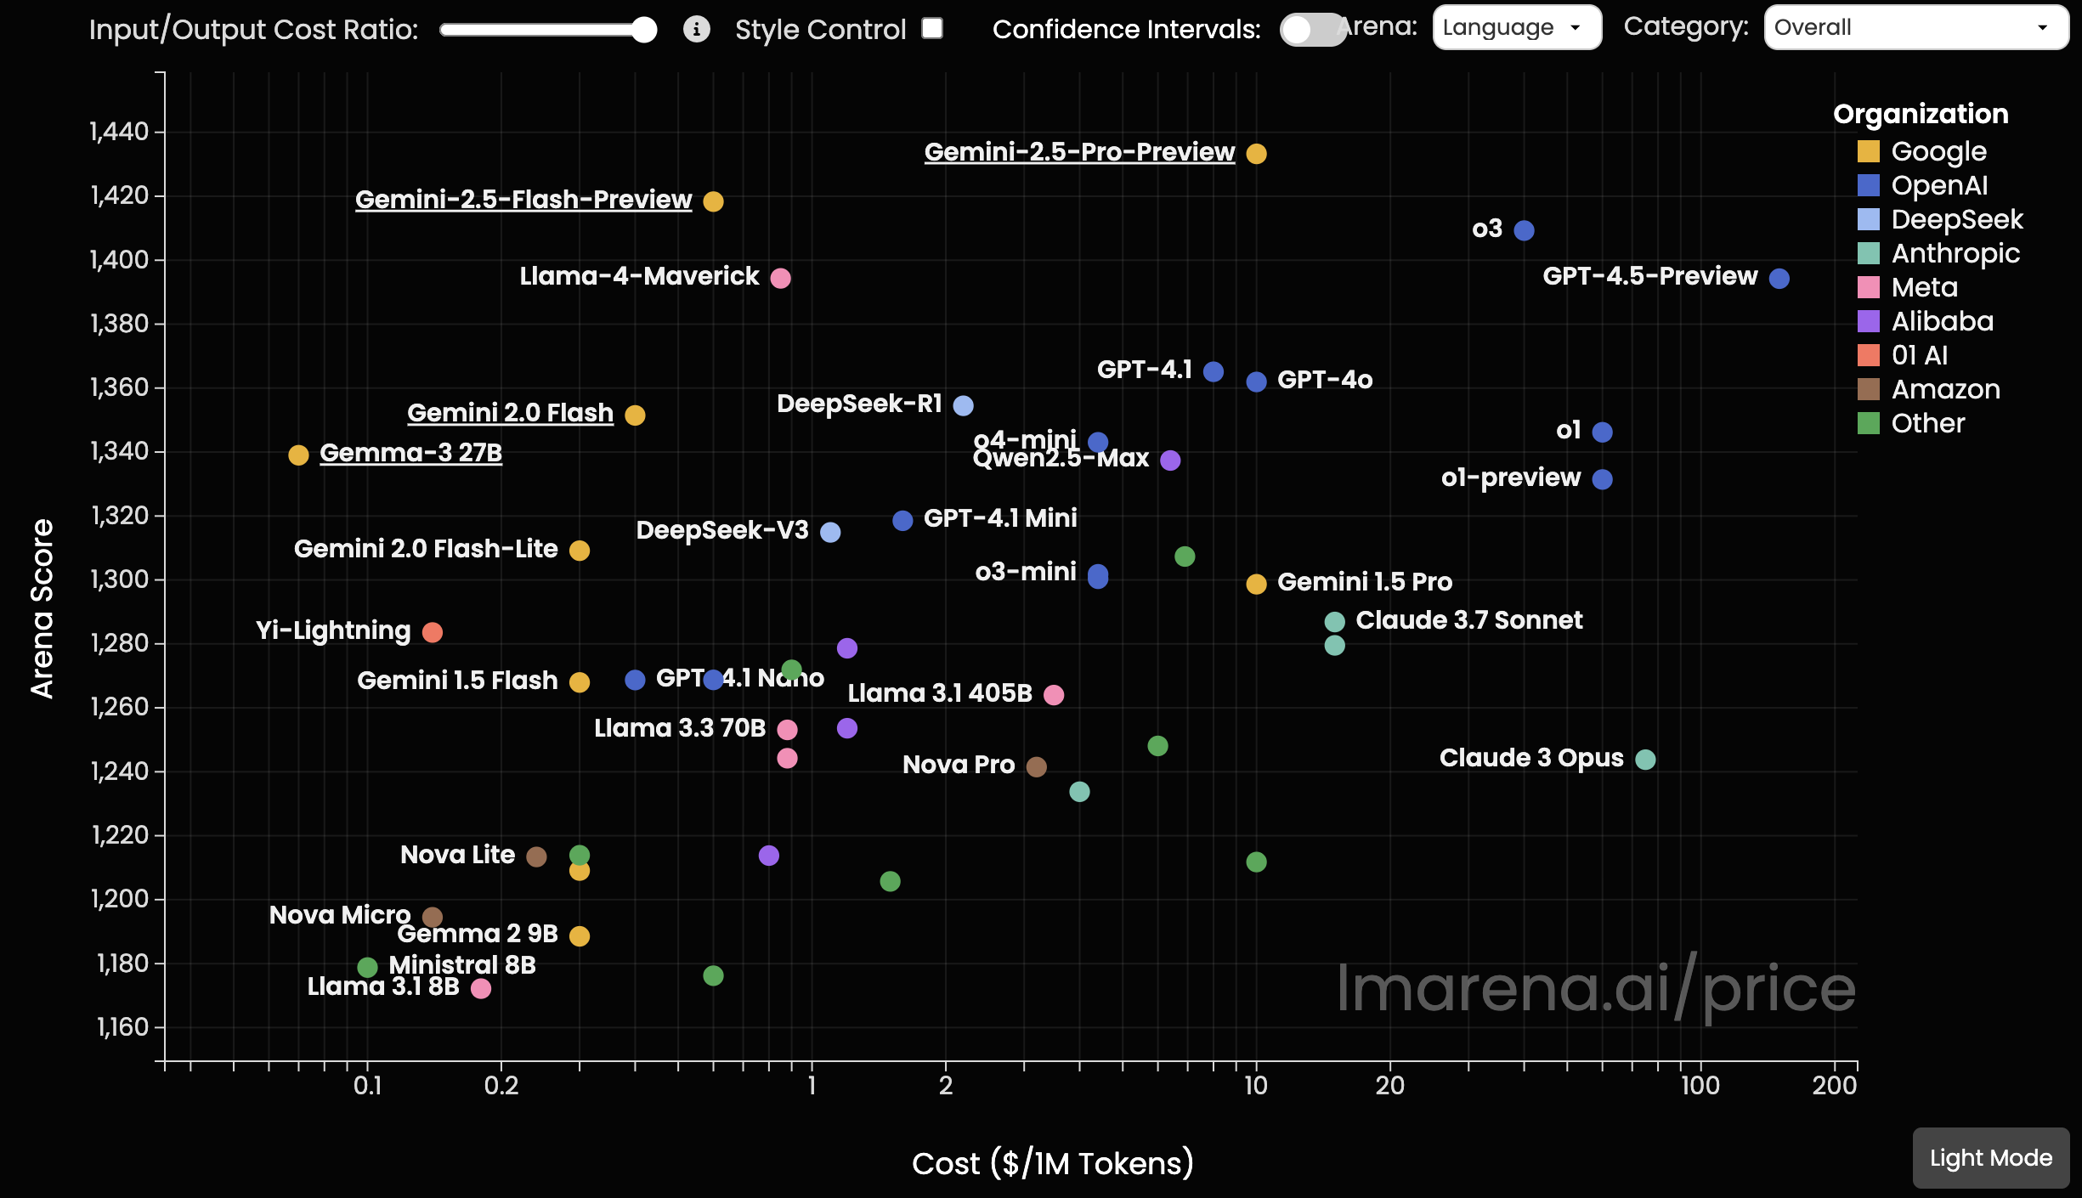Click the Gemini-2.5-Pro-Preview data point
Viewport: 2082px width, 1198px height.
(1256, 154)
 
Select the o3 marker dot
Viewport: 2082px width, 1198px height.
(1524, 230)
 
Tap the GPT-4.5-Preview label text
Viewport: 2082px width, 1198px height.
(1649, 276)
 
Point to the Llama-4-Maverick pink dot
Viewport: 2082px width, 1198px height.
(780, 278)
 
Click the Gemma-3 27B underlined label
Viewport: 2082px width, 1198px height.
(410, 453)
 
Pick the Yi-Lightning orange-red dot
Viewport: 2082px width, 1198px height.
(432, 632)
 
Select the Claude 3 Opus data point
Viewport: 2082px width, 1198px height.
(1645, 760)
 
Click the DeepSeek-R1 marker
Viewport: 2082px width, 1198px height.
(963, 405)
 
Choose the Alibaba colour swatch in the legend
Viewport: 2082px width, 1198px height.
(1868, 321)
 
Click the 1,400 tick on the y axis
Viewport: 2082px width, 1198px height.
(119, 259)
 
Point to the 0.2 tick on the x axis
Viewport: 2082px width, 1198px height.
(501, 1085)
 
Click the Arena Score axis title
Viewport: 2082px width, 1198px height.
(42, 608)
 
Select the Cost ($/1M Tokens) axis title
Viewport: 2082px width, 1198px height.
(1052, 1163)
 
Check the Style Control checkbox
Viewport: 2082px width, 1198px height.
(932, 28)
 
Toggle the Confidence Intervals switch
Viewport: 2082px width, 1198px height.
(1312, 30)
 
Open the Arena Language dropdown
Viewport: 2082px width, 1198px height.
(1516, 28)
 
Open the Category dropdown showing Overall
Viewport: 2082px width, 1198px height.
(1915, 28)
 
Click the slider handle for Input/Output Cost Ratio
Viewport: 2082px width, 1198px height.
(644, 30)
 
